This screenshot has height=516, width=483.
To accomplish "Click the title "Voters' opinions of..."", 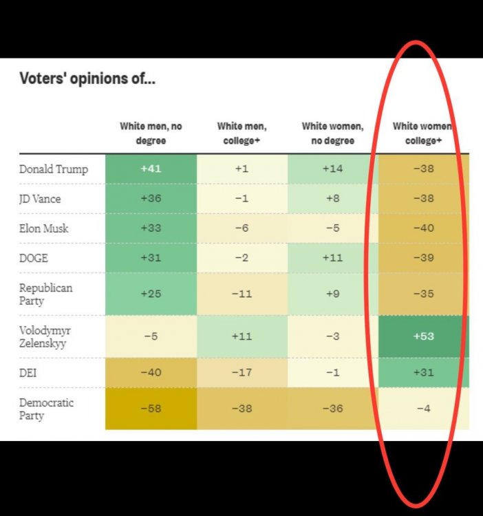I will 87,79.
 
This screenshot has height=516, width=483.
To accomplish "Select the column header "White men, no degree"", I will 151,133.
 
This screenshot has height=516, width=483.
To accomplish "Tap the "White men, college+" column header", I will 241,133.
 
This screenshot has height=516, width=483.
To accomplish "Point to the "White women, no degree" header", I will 332,133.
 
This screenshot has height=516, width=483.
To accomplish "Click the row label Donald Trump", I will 54,169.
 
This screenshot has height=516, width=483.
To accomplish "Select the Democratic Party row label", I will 46,409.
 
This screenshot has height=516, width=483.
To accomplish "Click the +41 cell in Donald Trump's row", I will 151,169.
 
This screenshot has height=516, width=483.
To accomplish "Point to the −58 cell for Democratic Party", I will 151,408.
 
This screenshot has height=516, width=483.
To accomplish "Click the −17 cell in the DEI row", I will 241,372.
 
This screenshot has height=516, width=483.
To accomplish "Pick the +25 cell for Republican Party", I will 151,294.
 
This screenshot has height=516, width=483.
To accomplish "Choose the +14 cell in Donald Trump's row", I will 332,169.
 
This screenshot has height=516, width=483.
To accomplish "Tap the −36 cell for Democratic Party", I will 332,408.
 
